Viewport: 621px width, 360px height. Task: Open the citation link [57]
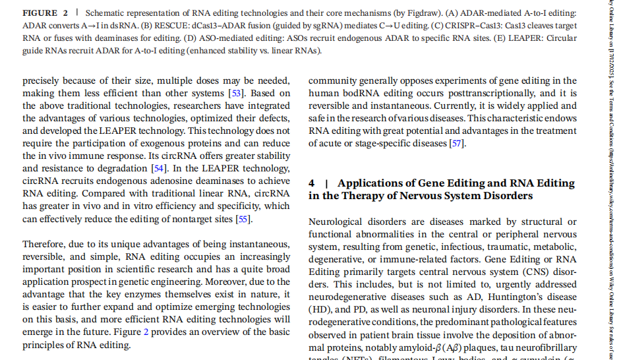(456, 143)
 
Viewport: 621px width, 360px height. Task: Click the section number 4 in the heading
(312, 183)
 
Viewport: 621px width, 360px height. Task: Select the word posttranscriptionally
(491, 93)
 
